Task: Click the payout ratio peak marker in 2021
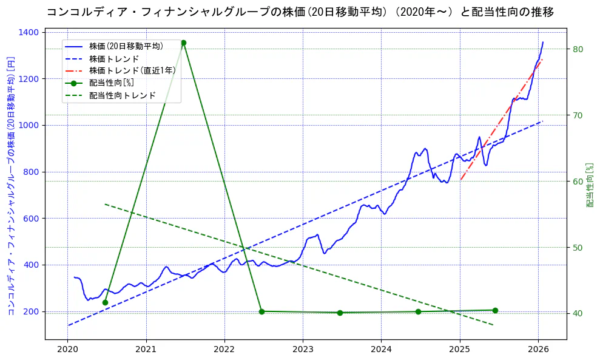click(x=183, y=42)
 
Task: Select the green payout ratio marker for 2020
click(x=105, y=302)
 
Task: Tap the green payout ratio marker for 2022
click(x=261, y=311)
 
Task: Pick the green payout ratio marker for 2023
click(x=340, y=313)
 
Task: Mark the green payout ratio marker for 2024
click(x=418, y=311)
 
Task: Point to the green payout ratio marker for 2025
click(x=495, y=310)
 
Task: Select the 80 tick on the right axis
click(x=577, y=49)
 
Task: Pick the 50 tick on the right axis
click(x=577, y=248)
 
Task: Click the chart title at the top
click(x=300, y=12)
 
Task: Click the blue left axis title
click(x=10, y=185)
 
